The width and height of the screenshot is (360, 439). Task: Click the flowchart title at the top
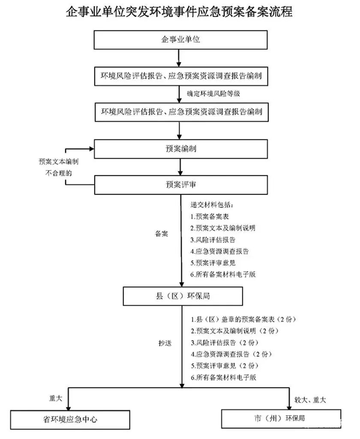[180, 12]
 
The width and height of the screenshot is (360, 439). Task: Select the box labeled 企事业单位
[180, 40]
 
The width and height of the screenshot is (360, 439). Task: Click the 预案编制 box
[180, 149]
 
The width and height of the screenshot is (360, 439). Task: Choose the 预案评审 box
[180, 185]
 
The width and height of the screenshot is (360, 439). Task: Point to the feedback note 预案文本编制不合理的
[59, 168]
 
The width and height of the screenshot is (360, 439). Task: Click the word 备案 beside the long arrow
[161, 234]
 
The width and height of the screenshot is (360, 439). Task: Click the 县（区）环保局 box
[183, 296]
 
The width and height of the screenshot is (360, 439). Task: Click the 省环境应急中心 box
[69, 419]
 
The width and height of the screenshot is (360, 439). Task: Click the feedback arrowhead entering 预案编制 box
[91, 149]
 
